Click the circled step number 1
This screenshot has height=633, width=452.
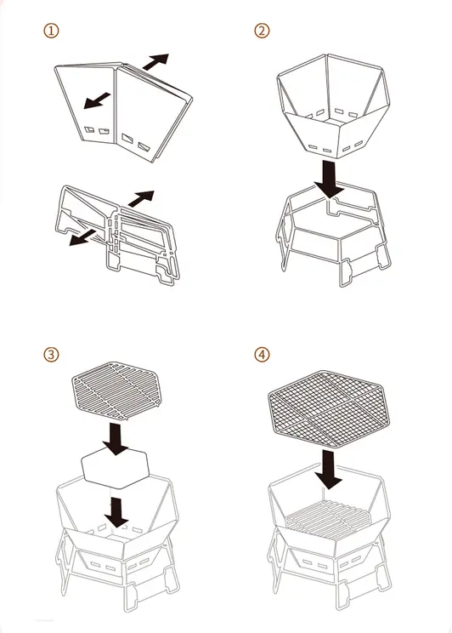(51, 31)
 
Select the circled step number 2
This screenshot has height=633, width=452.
(262, 31)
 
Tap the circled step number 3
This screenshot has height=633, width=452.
(51, 355)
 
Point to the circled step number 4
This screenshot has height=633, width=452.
(262, 355)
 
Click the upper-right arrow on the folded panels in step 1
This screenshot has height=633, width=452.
(155, 61)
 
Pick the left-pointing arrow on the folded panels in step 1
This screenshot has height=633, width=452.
(97, 100)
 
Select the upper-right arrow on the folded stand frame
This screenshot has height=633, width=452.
(141, 198)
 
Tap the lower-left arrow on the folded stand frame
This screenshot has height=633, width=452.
(82, 237)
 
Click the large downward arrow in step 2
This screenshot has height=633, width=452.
(329, 179)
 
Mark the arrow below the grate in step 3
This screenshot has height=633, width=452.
(116, 439)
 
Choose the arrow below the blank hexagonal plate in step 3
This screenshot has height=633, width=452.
(116, 512)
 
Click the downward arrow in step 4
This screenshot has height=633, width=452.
(329, 470)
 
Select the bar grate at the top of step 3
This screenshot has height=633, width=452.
(116, 391)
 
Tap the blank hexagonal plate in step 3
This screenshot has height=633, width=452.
(116, 468)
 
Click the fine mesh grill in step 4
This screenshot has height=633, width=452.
(329, 409)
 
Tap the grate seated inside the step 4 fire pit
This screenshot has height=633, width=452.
(329, 520)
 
